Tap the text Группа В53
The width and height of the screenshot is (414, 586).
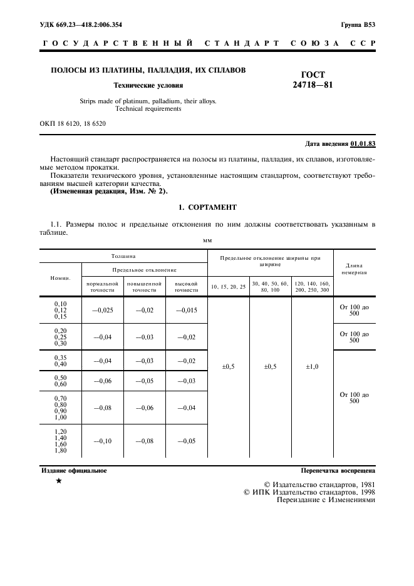tap(358, 24)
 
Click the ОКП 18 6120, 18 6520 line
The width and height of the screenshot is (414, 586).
tap(73, 123)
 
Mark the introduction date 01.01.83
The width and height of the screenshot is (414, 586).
tap(363, 143)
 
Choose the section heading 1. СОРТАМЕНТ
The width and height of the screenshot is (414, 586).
tap(207, 207)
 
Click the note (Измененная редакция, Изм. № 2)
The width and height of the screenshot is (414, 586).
tap(108, 190)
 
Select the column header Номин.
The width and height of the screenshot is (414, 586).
tap(61, 277)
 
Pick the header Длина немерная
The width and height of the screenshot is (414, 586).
tap(354, 269)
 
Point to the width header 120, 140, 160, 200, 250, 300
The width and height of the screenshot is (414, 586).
tap(312, 287)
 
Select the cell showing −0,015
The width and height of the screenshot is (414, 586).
tap(186, 309)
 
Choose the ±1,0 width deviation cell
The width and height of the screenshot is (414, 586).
tap(312, 367)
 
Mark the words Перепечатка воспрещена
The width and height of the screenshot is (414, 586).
tap(338, 470)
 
